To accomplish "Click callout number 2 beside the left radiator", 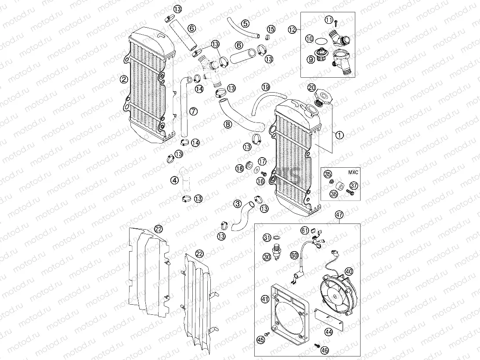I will [124, 79].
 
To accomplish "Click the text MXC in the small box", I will [352, 173].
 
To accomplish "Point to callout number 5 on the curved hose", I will [245, 23].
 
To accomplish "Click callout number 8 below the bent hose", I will [227, 124].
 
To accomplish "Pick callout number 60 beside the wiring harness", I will [294, 254].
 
